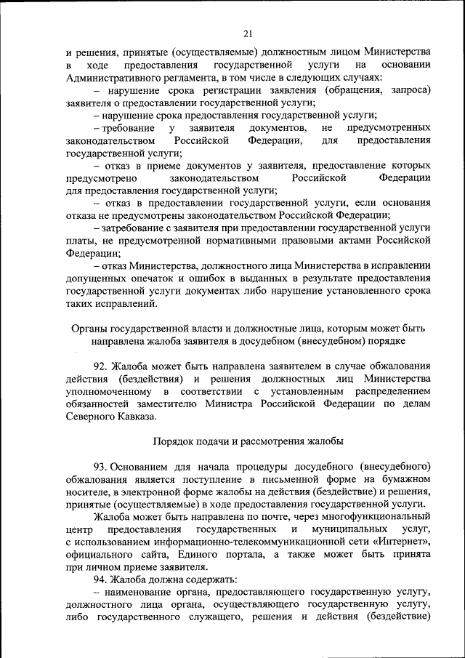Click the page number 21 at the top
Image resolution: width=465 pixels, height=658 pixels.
[x=247, y=33]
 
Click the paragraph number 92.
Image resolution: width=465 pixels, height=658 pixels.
[x=102, y=366]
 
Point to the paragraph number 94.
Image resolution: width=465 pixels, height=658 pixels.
[x=102, y=579]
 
